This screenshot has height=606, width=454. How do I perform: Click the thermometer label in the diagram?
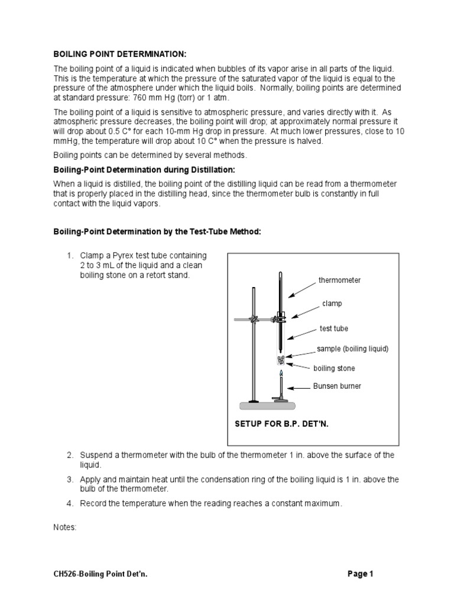coord(339,280)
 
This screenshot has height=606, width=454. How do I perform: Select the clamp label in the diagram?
coord(332,303)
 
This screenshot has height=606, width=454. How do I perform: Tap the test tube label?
coord(334,328)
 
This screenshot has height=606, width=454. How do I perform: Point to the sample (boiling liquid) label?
coord(352,349)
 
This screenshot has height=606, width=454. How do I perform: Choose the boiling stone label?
coord(334,368)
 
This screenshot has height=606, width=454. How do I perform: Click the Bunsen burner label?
coord(337,386)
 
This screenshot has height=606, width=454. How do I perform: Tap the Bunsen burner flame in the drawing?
coord(281,375)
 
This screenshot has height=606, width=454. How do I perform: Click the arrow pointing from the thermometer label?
coord(301,288)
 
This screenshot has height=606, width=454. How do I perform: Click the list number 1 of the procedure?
coord(70,255)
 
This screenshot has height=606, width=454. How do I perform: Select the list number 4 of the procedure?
coord(70,504)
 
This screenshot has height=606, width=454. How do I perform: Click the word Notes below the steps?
coord(65,527)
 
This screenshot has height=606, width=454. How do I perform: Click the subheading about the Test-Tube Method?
coord(157,231)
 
